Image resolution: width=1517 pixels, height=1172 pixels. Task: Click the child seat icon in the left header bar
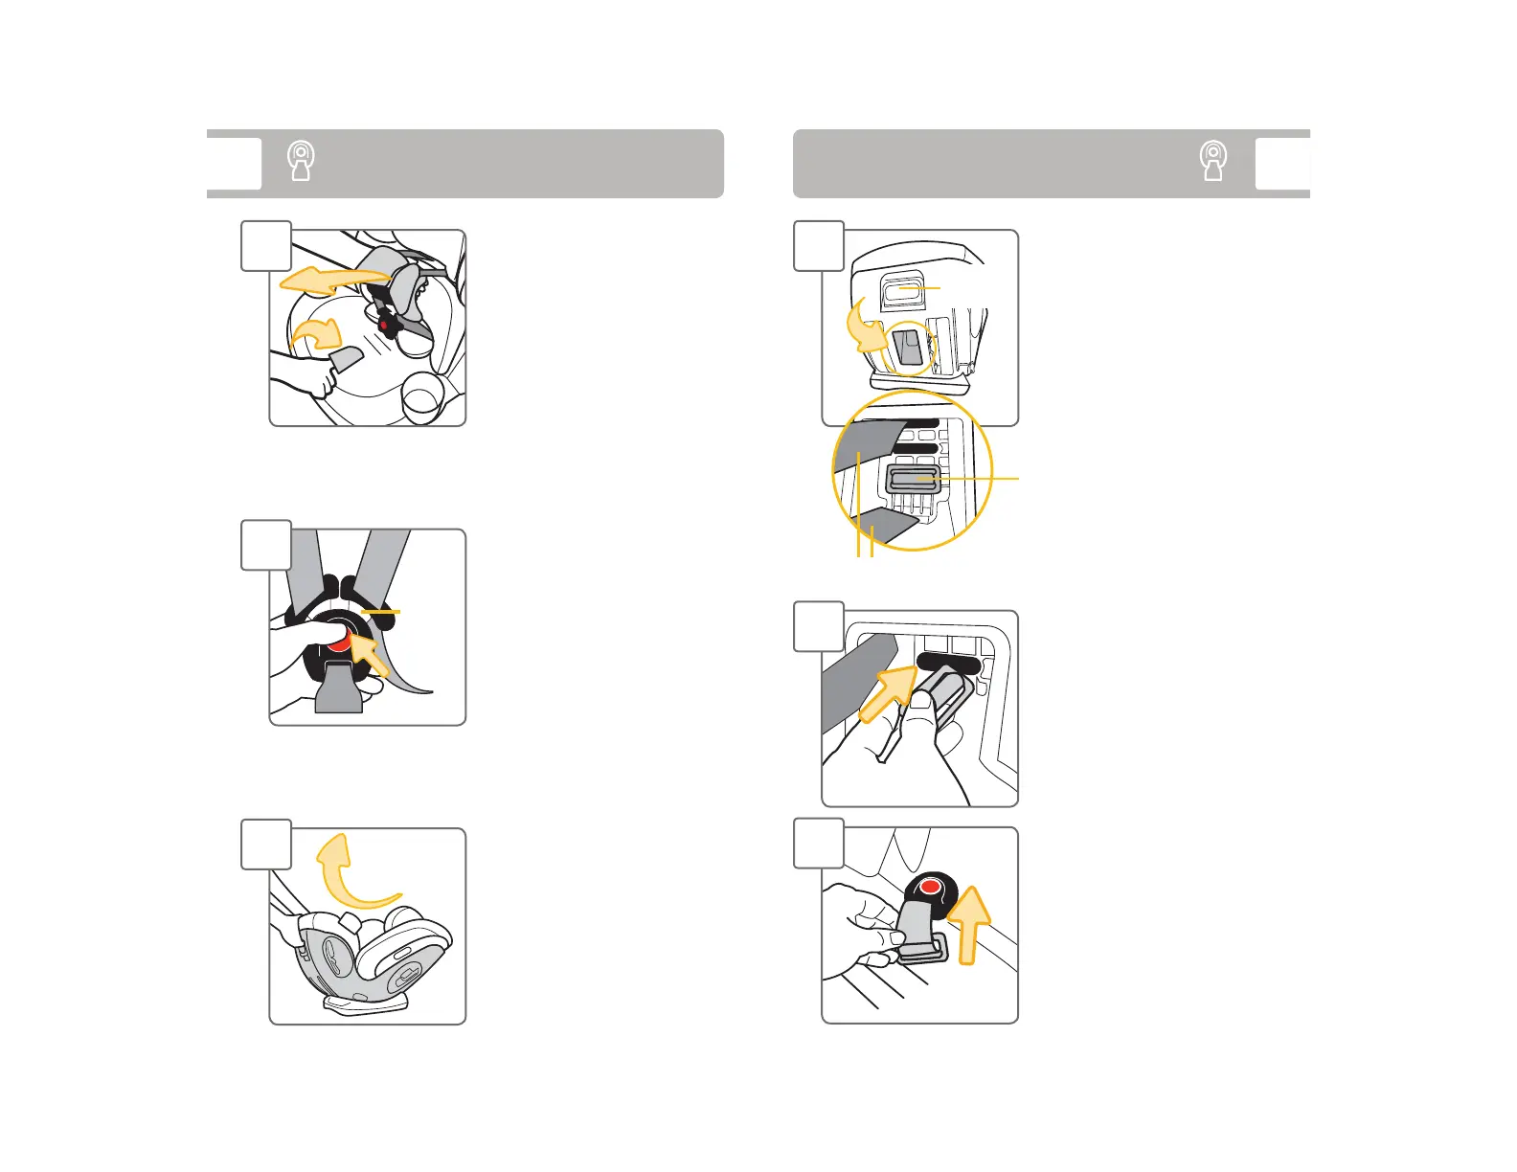pyautogui.click(x=302, y=162)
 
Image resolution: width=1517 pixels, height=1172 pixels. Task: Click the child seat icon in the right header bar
pyautogui.click(x=1213, y=162)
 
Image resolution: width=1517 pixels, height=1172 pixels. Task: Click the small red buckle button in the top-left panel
pyautogui.click(x=385, y=326)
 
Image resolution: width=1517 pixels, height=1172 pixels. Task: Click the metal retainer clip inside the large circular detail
pyautogui.click(x=916, y=478)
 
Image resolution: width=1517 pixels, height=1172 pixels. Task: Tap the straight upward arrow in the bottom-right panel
pyautogui.click(x=970, y=924)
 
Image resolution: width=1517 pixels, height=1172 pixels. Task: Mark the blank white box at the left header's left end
pyautogui.click(x=234, y=164)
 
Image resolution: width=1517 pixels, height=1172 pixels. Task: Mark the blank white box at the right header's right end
pyautogui.click(x=1282, y=164)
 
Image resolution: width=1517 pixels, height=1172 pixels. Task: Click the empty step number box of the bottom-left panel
pyautogui.click(x=266, y=845)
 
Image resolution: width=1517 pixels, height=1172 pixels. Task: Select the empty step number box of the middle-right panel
pyautogui.click(x=819, y=626)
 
